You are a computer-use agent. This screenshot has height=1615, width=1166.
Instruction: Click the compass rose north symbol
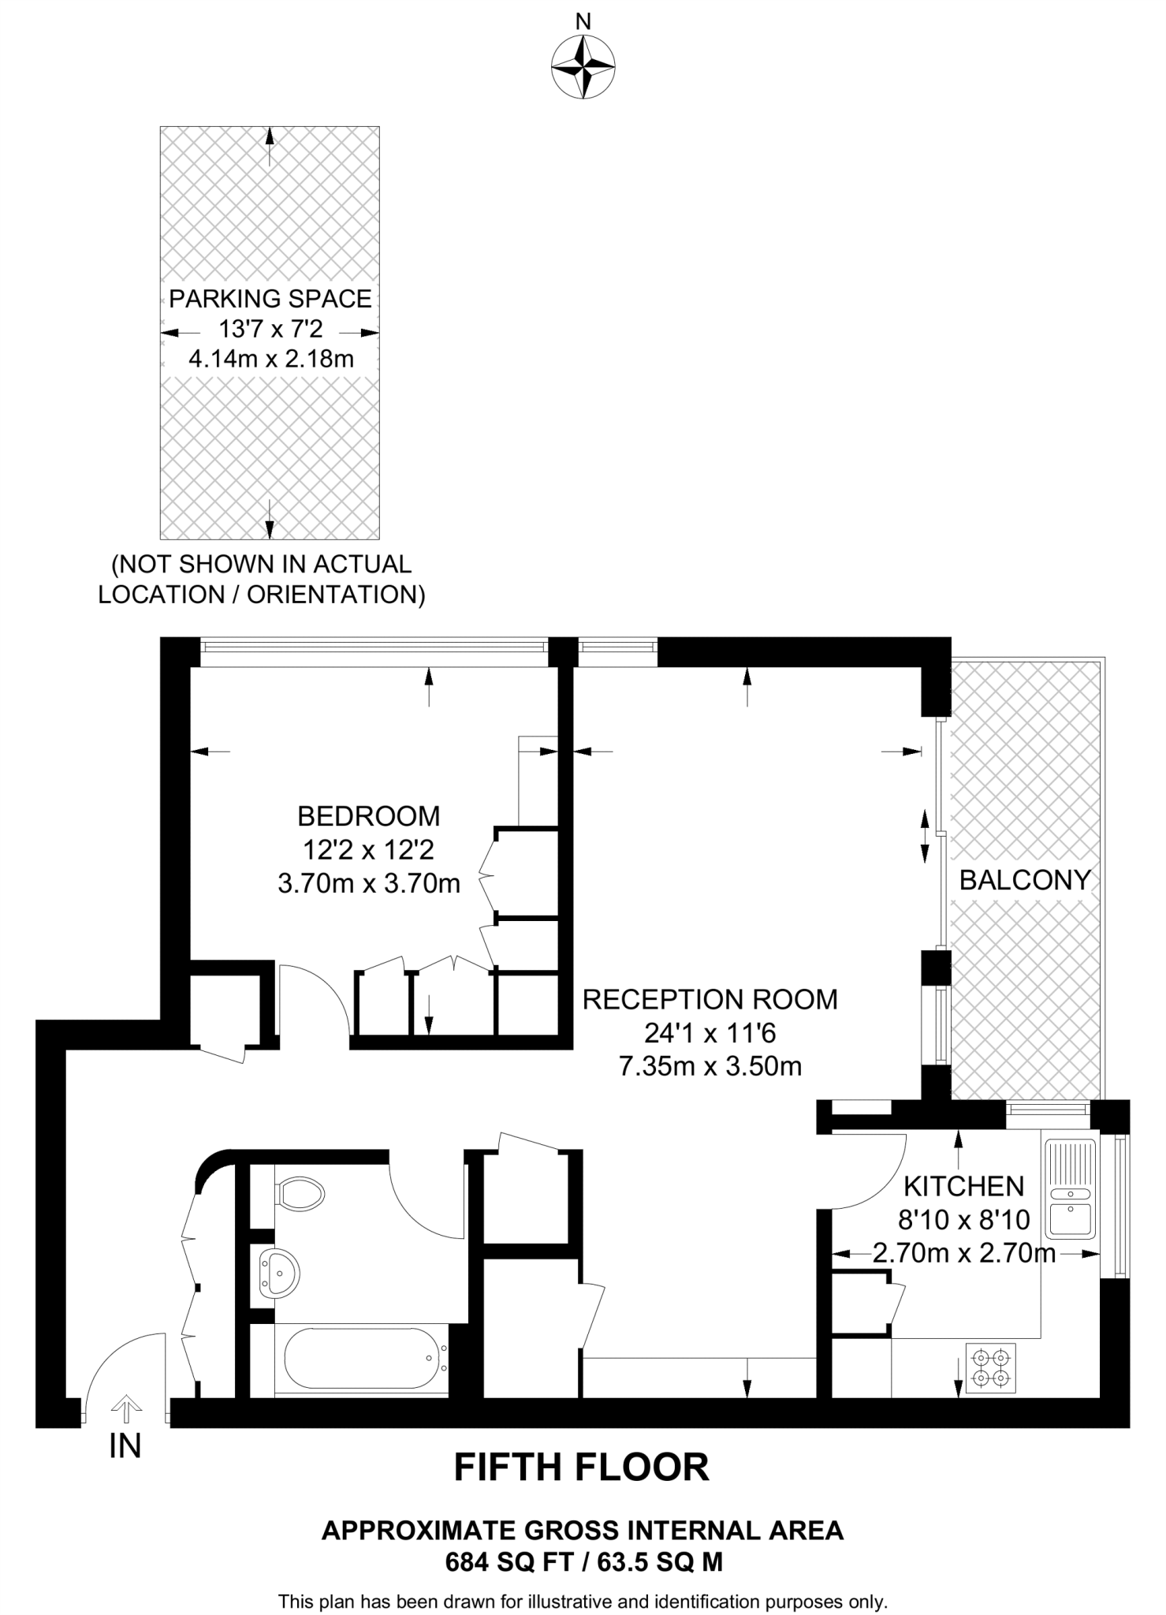coord(583,68)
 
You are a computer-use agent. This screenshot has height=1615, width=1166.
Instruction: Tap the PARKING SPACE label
coord(270,299)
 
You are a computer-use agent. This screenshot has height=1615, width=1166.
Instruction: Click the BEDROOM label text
coord(368,815)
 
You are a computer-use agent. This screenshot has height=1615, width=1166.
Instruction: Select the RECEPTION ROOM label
coord(710,1000)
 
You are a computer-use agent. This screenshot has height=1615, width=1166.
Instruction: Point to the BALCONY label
coord(1024,880)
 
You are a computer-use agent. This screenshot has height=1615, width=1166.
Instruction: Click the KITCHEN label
coord(963,1186)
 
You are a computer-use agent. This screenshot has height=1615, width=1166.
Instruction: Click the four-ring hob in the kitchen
coord(991,1368)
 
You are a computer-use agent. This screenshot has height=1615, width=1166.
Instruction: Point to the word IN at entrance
coord(125,1445)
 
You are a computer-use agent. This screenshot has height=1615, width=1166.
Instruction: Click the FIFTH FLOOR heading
coord(582,1468)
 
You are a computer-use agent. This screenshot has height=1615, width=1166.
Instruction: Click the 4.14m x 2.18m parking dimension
coord(270,360)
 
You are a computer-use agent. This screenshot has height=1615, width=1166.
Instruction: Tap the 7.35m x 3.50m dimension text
coord(710,1067)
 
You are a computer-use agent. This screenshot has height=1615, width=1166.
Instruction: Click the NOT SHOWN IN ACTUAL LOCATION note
coord(262,579)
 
